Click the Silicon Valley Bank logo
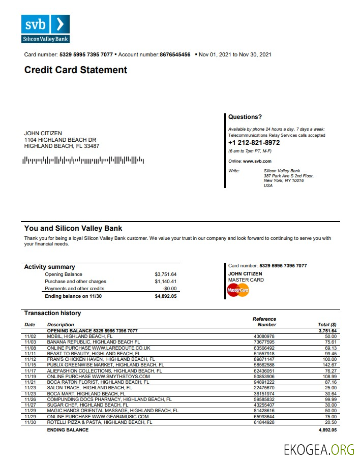tap(45, 29)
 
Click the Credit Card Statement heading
tap(76, 70)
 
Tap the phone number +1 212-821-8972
tap(254, 143)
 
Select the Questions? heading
tap(245, 117)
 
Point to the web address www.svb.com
tap(257, 161)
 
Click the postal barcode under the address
tap(83, 161)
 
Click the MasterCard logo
tap(237, 290)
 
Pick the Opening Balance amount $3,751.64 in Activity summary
tap(165, 274)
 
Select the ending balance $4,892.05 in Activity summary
tap(165, 296)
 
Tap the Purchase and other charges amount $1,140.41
tap(165, 282)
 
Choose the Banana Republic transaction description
tap(94, 342)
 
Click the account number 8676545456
tap(175, 54)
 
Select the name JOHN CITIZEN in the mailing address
tap(43, 133)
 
